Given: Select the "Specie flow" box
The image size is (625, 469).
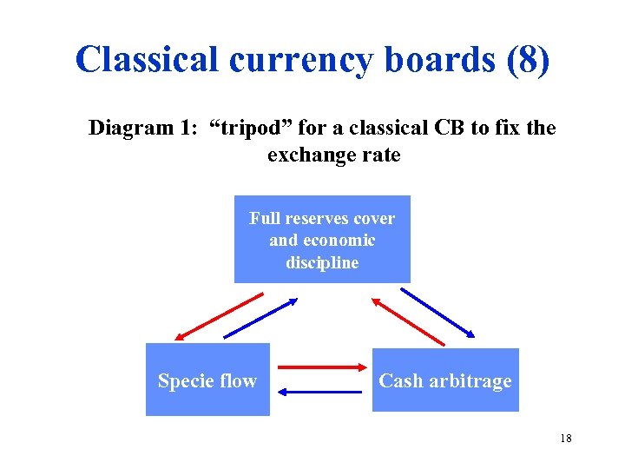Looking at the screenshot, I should (207, 380).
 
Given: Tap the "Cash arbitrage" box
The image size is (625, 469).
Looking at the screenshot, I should (445, 380).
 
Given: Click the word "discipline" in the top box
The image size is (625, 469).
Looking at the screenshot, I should (322, 262).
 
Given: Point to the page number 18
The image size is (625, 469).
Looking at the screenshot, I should (566, 438).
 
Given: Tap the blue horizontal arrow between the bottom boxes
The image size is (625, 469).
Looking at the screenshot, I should (322, 392).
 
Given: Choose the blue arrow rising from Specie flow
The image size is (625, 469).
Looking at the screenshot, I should (260, 318).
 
